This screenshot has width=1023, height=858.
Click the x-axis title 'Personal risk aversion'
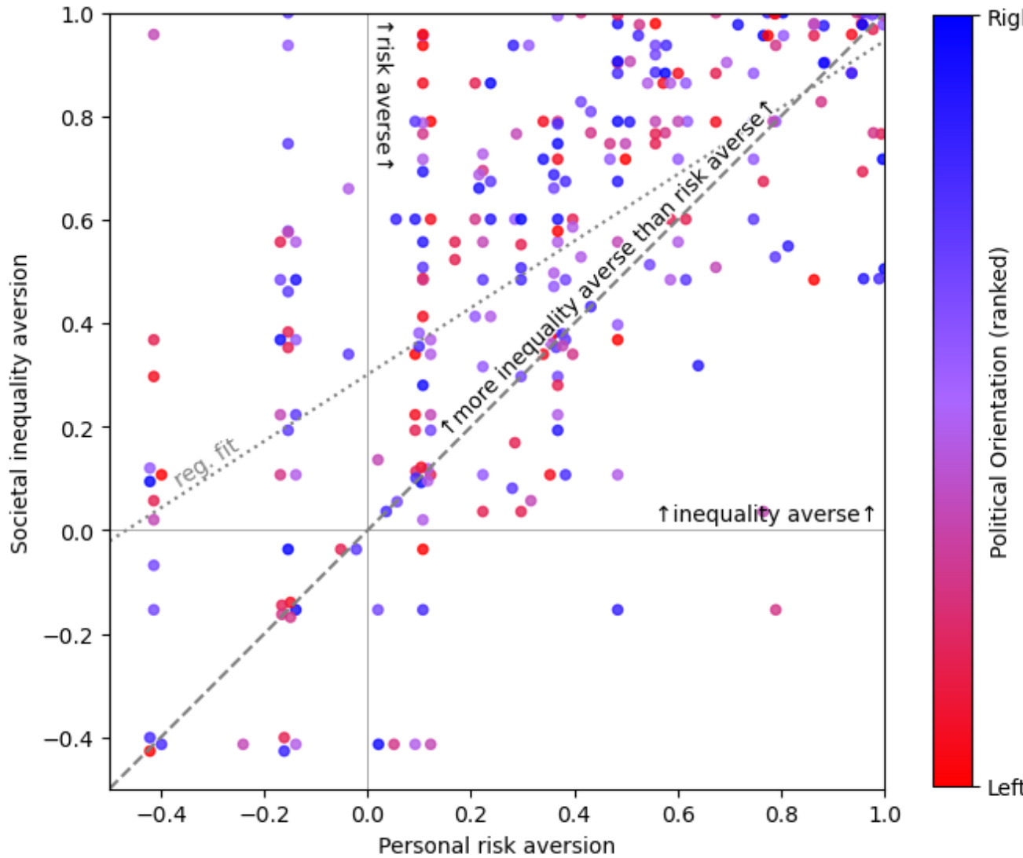coord(497,845)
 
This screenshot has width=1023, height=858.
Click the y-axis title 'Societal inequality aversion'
coord(19,404)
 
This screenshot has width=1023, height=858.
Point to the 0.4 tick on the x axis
coord(574,790)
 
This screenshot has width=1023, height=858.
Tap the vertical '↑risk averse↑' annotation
coord(384,94)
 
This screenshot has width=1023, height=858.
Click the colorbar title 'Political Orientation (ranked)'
coord(999,404)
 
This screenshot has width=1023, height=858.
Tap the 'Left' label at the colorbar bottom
coord(1004,787)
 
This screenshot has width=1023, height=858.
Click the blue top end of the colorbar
coord(952,24)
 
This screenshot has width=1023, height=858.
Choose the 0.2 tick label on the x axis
coord(471,814)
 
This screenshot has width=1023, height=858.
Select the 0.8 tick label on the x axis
coord(781,814)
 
